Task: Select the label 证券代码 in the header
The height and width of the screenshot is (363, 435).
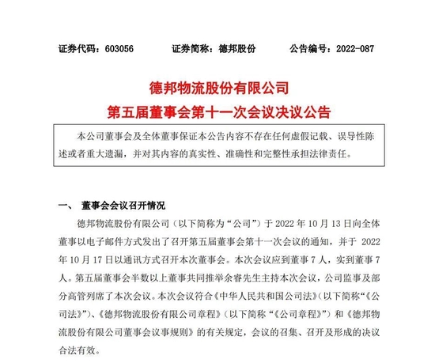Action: coord(74,48)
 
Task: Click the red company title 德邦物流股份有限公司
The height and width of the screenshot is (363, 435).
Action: coord(217,85)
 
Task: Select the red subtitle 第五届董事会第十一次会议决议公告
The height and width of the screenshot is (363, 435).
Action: coord(217,108)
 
